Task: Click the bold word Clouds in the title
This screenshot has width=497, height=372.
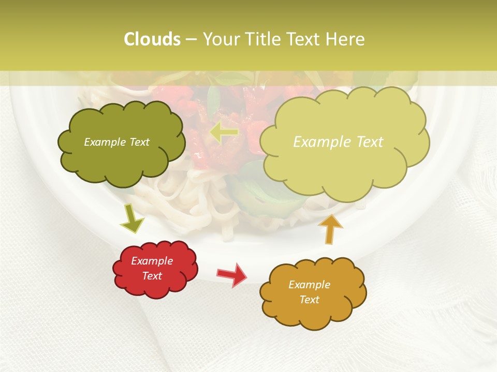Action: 152,39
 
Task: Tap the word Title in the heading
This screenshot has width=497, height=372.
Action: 264,39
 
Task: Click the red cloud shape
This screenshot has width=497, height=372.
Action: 155,269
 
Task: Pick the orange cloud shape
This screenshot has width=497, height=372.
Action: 313,292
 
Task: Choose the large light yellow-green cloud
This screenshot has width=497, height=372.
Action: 344,139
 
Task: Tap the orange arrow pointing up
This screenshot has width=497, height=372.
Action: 330,228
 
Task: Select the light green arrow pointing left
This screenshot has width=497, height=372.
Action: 224,132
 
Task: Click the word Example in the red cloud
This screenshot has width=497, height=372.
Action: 152,261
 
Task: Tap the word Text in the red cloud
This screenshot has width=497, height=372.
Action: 152,276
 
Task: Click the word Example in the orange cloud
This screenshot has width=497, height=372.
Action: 309,285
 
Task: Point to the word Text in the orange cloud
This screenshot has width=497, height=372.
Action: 309,300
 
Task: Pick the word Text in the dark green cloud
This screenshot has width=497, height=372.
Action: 139,142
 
